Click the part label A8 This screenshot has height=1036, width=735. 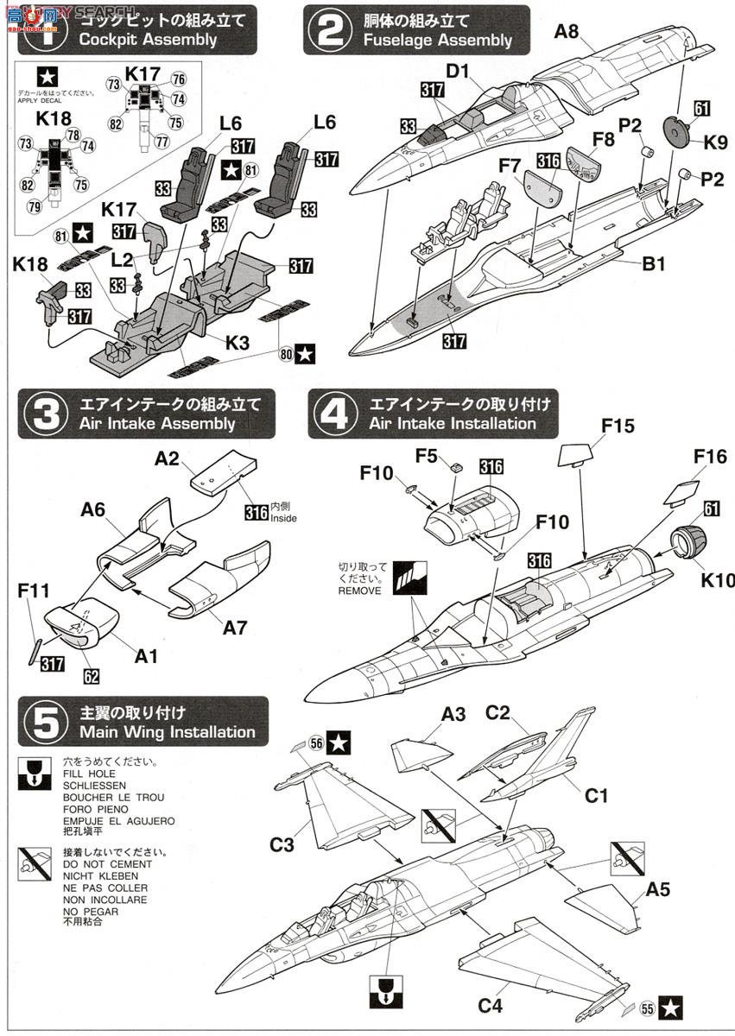(567, 31)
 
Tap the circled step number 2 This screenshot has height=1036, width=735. (329, 30)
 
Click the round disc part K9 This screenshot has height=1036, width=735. (678, 131)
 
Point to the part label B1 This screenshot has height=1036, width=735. (652, 261)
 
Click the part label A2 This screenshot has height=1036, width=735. (168, 459)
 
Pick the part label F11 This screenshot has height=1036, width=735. (32, 592)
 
